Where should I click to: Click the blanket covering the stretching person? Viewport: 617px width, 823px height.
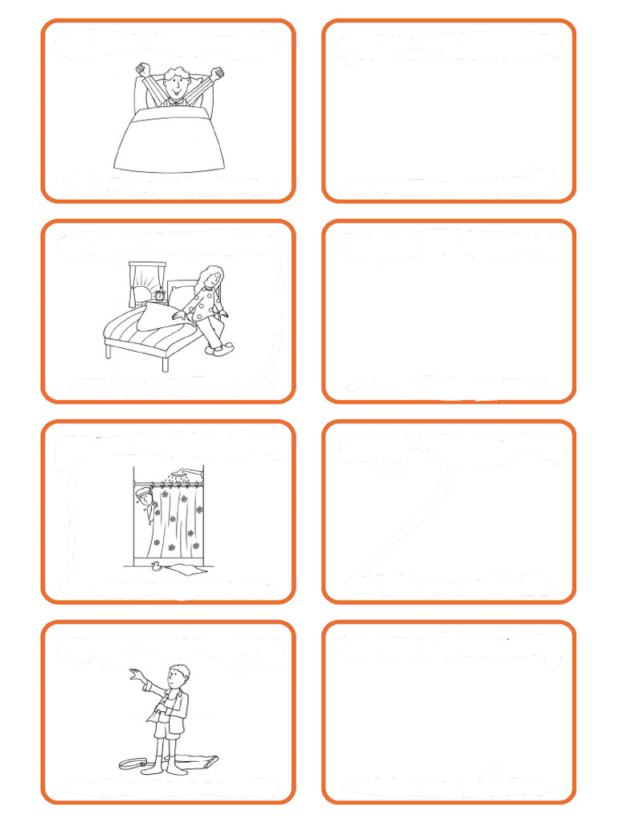coord(169,140)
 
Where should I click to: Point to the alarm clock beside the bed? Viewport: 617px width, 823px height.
coord(161,296)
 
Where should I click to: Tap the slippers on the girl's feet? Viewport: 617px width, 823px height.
coord(215,348)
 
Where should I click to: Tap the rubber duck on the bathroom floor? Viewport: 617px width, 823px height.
coord(153,565)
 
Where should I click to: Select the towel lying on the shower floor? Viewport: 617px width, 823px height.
coord(187,569)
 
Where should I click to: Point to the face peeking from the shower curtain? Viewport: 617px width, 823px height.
coord(145,499)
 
